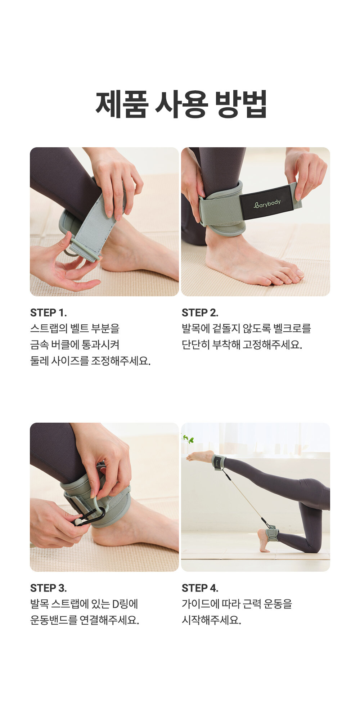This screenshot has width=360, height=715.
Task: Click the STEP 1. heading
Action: [48, 312]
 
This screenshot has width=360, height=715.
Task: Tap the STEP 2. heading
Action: [200, 312]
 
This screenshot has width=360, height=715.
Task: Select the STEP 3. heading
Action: [48, 588]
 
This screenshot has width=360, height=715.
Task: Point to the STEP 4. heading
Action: [200, 588]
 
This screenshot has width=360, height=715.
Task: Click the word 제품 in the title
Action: [122, 104]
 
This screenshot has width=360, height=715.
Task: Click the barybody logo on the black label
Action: [267, 204]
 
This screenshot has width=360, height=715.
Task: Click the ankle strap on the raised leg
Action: [219, 462]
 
